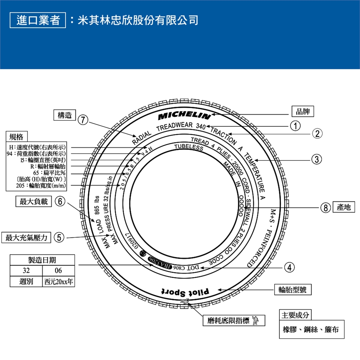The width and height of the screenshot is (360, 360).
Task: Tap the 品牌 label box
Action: point(303,111)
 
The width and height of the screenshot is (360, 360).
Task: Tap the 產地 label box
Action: point(343,207)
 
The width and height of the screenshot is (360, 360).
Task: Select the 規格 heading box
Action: point(16,136)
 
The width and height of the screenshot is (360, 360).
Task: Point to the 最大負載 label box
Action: point(34,202)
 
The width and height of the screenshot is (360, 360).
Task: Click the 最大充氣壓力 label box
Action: point(26,237)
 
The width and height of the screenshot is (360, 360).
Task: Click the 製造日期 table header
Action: point(42,260)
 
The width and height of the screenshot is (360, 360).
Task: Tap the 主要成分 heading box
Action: point(295,315)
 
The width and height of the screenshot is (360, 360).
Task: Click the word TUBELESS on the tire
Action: point(189,146)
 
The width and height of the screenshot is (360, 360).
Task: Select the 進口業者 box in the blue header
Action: point(38,19)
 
